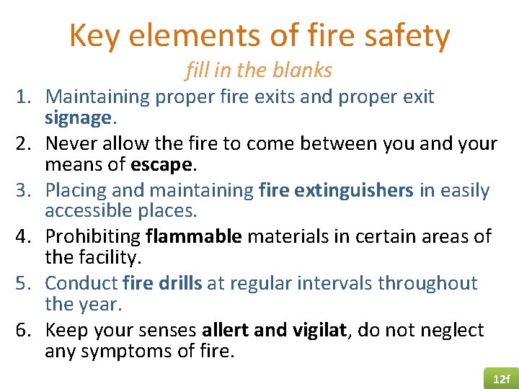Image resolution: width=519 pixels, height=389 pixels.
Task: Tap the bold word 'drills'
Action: tap(179, 283)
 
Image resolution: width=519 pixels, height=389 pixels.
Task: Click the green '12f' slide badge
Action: tap(500, 378)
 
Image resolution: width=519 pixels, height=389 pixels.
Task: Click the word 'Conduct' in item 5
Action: tap(81, 283)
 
